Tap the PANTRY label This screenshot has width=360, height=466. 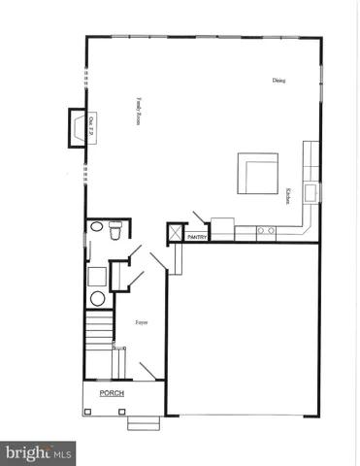[197, 235]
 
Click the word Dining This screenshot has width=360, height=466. [278, 81]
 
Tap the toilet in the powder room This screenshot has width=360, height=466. [115, 230]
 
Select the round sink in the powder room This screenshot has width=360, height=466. [96, 228]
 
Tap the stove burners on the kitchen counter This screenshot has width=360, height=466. [265, 231]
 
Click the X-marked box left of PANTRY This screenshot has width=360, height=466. [175, 233]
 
